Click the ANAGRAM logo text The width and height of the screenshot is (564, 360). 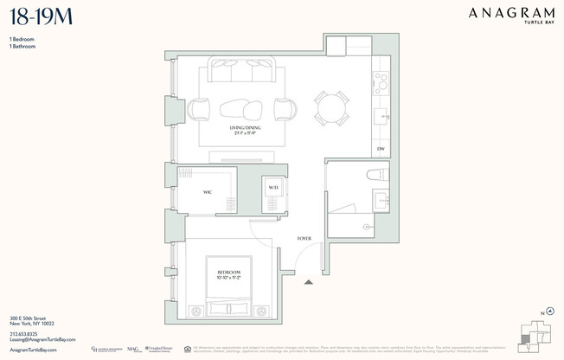(510, 13)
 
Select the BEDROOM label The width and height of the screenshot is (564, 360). (228, 273)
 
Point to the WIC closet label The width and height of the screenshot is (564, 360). (208, 191)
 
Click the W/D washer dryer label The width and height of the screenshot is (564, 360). (272, 187)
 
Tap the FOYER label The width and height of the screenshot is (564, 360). (304, 238)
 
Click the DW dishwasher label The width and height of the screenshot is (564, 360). (380, 149)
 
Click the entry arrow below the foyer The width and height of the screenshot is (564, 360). (309, 280)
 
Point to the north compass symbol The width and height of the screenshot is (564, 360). (548, 312)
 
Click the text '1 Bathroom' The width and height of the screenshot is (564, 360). (23, 47)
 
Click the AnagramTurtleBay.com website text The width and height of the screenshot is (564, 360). (33, 350)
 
